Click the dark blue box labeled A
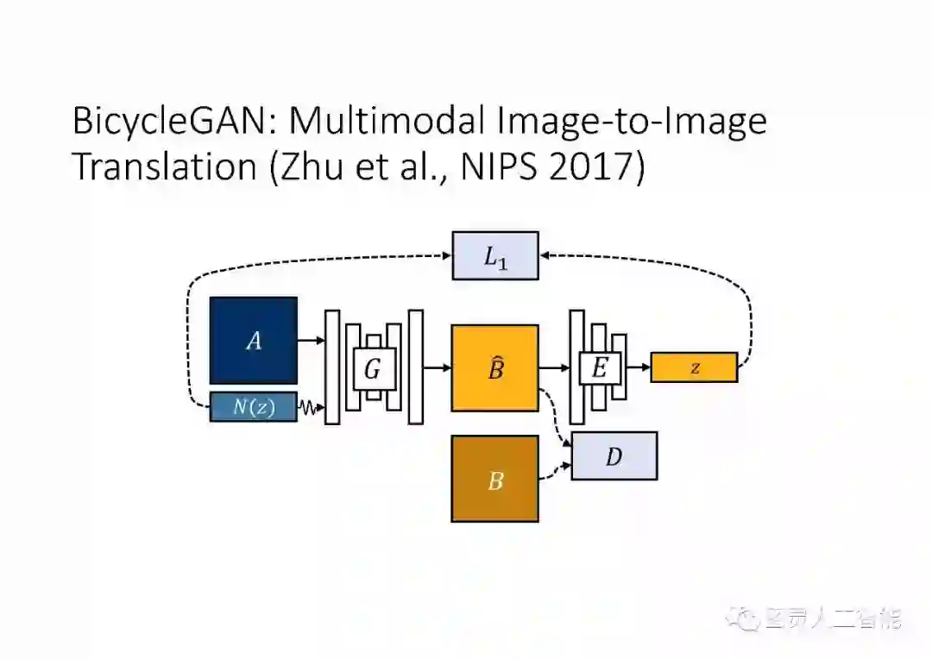tap(253, 341)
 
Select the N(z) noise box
tap(253, 406)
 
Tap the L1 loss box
tap(495, 256)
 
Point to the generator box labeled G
tap(373, 369)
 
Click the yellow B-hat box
tap(494, 368)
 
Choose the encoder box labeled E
tap(599, 368)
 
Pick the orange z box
tap(694, 367)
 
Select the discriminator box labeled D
tap(614, 455)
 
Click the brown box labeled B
tap(494, 479)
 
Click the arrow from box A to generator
tap(311, 341)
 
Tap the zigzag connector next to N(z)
tap(309, 407)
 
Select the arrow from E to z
tap(639, 368)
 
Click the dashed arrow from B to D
tap(555, 471)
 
